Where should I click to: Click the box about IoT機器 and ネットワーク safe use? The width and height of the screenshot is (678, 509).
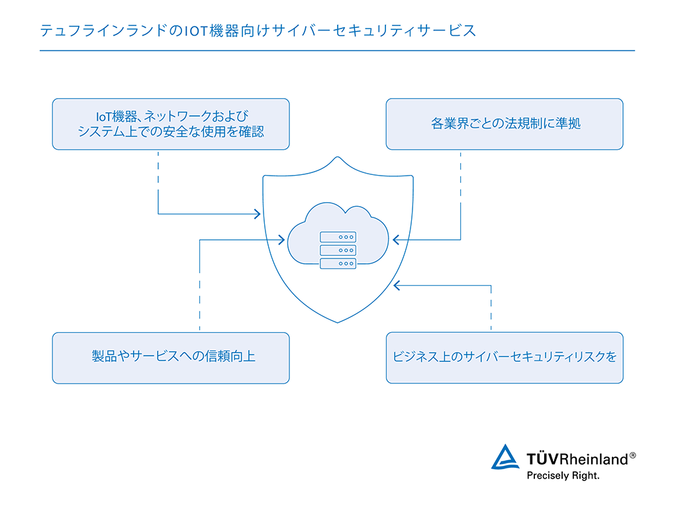coord(171,124)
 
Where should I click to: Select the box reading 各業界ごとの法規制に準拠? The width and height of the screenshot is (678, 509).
coord(505,124)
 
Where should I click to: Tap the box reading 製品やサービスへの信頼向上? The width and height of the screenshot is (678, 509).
coord(171,357)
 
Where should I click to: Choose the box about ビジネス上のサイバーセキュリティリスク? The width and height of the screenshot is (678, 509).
coord(505,357)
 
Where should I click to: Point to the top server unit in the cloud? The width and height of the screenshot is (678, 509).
coord(338,237)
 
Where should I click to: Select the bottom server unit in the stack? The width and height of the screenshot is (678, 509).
coord(338,263)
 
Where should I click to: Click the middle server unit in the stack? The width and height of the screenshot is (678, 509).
coord(338,250)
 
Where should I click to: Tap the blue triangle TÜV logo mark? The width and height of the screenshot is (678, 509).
coord(505,457)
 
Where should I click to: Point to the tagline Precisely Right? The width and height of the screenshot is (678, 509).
coord(563,476)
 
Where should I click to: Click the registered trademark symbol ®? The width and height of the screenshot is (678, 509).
coord(632,455)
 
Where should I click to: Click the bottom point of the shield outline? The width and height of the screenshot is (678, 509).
coord(338,322)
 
